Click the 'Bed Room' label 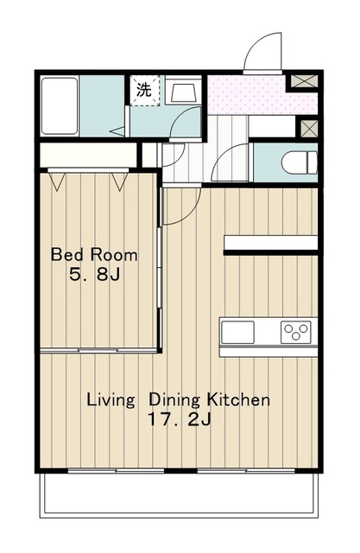coord(94,255)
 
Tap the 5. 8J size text coord(95,275)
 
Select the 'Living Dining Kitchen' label coord(178,400)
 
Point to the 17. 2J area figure coord(180,420)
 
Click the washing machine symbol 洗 coord(144,90)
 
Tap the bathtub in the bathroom coord(60,106)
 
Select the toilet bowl coord(300,162)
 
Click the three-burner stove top coord(296,332)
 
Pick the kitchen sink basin coord(237,332)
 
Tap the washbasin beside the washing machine coord(183,92)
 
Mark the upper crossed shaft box coord(305,81)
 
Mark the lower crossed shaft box coord(309,129)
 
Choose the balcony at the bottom coord(179,494)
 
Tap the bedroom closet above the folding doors coord(88,155)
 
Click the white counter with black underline coord(270,245)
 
